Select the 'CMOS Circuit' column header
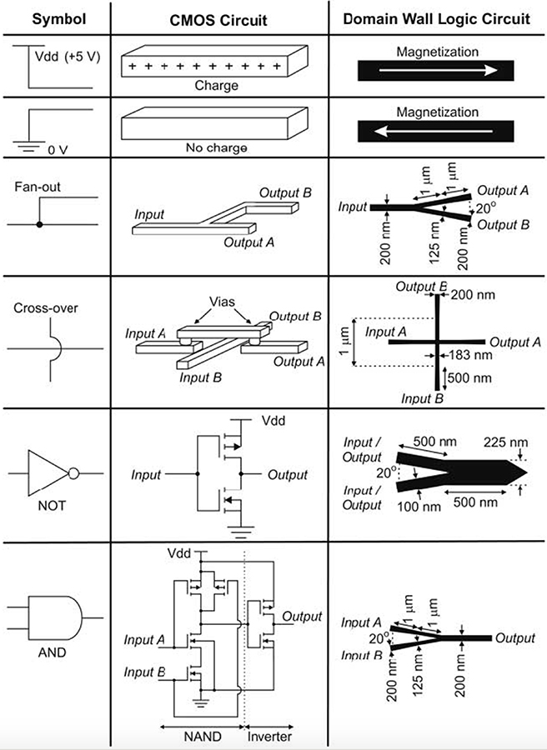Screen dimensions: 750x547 click(218, 17)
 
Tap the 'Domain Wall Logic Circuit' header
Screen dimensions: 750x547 click(438, 17)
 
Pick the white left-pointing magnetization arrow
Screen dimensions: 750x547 click(438, 131)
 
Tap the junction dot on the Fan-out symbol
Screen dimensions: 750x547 click(39, 225)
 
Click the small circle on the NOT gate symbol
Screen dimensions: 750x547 click(73, 475)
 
